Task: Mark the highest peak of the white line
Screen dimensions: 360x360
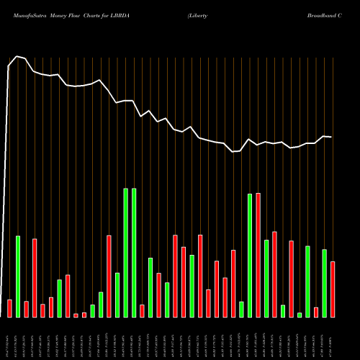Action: pos(18,56)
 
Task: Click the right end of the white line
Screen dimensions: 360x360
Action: pos(331,136)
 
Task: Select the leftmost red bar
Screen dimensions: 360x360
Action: pos(10,308)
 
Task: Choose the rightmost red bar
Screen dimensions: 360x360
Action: pos(333,289)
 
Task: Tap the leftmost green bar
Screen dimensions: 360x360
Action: pos(18,276)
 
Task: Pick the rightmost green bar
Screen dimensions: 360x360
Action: pos(325,283)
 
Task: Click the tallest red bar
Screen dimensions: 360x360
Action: pos(258,255)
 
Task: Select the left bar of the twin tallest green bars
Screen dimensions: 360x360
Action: pos(125,253)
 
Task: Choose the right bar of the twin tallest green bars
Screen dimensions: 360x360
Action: pos(134,253)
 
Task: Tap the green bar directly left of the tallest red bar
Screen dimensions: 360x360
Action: pos(250,256)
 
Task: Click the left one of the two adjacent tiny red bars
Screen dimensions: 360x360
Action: pos(76,315)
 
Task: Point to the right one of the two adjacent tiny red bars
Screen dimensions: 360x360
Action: pos(84,314)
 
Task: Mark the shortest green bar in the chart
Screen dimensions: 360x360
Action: pos(300,315)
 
